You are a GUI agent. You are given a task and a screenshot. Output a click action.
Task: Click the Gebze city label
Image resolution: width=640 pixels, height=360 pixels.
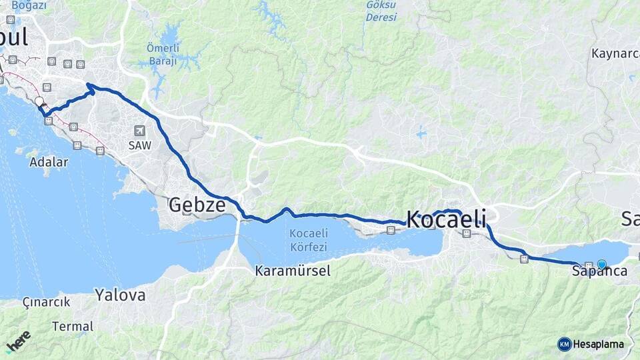coord(197,205)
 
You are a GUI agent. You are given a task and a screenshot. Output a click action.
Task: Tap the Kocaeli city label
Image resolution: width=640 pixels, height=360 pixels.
coord(446,219)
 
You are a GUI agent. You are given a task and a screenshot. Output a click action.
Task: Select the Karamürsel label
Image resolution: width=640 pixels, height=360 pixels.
coord(293,271)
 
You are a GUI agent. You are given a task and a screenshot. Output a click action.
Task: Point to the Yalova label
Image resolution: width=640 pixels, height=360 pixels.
coord(120,295)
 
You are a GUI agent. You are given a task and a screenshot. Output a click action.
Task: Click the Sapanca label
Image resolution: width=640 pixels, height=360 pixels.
coord(599,272)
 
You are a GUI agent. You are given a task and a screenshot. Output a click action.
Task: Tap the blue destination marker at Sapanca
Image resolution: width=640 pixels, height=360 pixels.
coord(602,265)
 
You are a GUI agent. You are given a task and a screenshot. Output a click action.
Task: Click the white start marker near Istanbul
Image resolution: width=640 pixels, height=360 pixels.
coord(39,102)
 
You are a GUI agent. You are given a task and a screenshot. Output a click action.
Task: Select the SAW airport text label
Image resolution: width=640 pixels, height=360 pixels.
coord(140,145)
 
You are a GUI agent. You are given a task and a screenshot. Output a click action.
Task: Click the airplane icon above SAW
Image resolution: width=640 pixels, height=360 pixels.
coord(139,131)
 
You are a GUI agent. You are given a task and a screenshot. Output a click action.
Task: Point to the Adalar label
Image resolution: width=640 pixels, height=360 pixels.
coord(48,162)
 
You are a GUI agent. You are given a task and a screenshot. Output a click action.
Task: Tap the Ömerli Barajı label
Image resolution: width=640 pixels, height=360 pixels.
coord(162,55)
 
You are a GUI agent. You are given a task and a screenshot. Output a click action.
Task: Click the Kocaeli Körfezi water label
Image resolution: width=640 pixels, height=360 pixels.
coord(308,240)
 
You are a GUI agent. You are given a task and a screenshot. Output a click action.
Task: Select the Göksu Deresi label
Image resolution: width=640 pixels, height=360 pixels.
coord(381,11)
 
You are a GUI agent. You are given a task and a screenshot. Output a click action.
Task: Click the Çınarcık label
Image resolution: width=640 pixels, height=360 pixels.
coord(46,302)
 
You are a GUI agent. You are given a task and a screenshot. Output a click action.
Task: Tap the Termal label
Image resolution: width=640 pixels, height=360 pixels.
coord(73,327)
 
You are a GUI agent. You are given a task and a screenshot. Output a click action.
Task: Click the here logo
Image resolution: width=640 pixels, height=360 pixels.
coord(19,341)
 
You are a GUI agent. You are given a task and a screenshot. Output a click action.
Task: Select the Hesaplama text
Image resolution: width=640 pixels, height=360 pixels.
coord(599,344)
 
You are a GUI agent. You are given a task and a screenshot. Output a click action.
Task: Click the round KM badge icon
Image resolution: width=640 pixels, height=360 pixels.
coord(565,344)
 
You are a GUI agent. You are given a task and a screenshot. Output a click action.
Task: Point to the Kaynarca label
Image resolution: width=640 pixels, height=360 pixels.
coord(615,53)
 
